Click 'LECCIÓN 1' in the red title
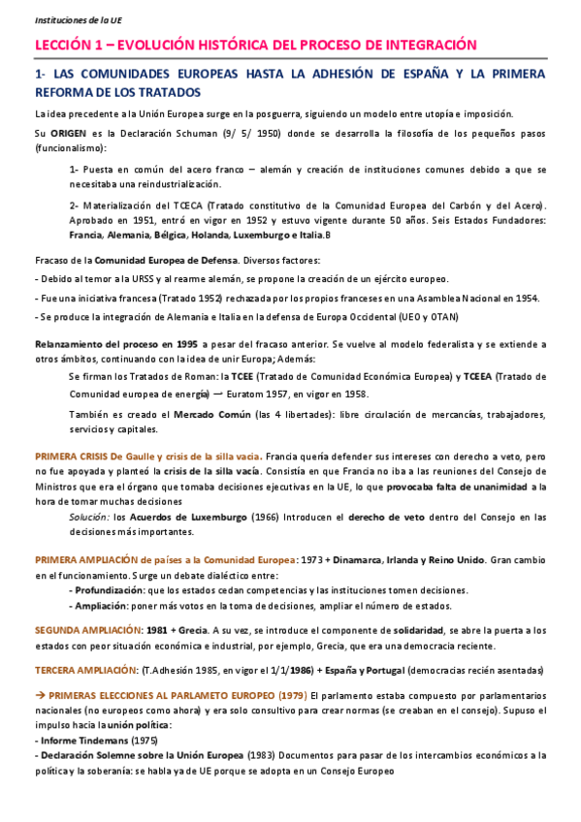tap(68, 45)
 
